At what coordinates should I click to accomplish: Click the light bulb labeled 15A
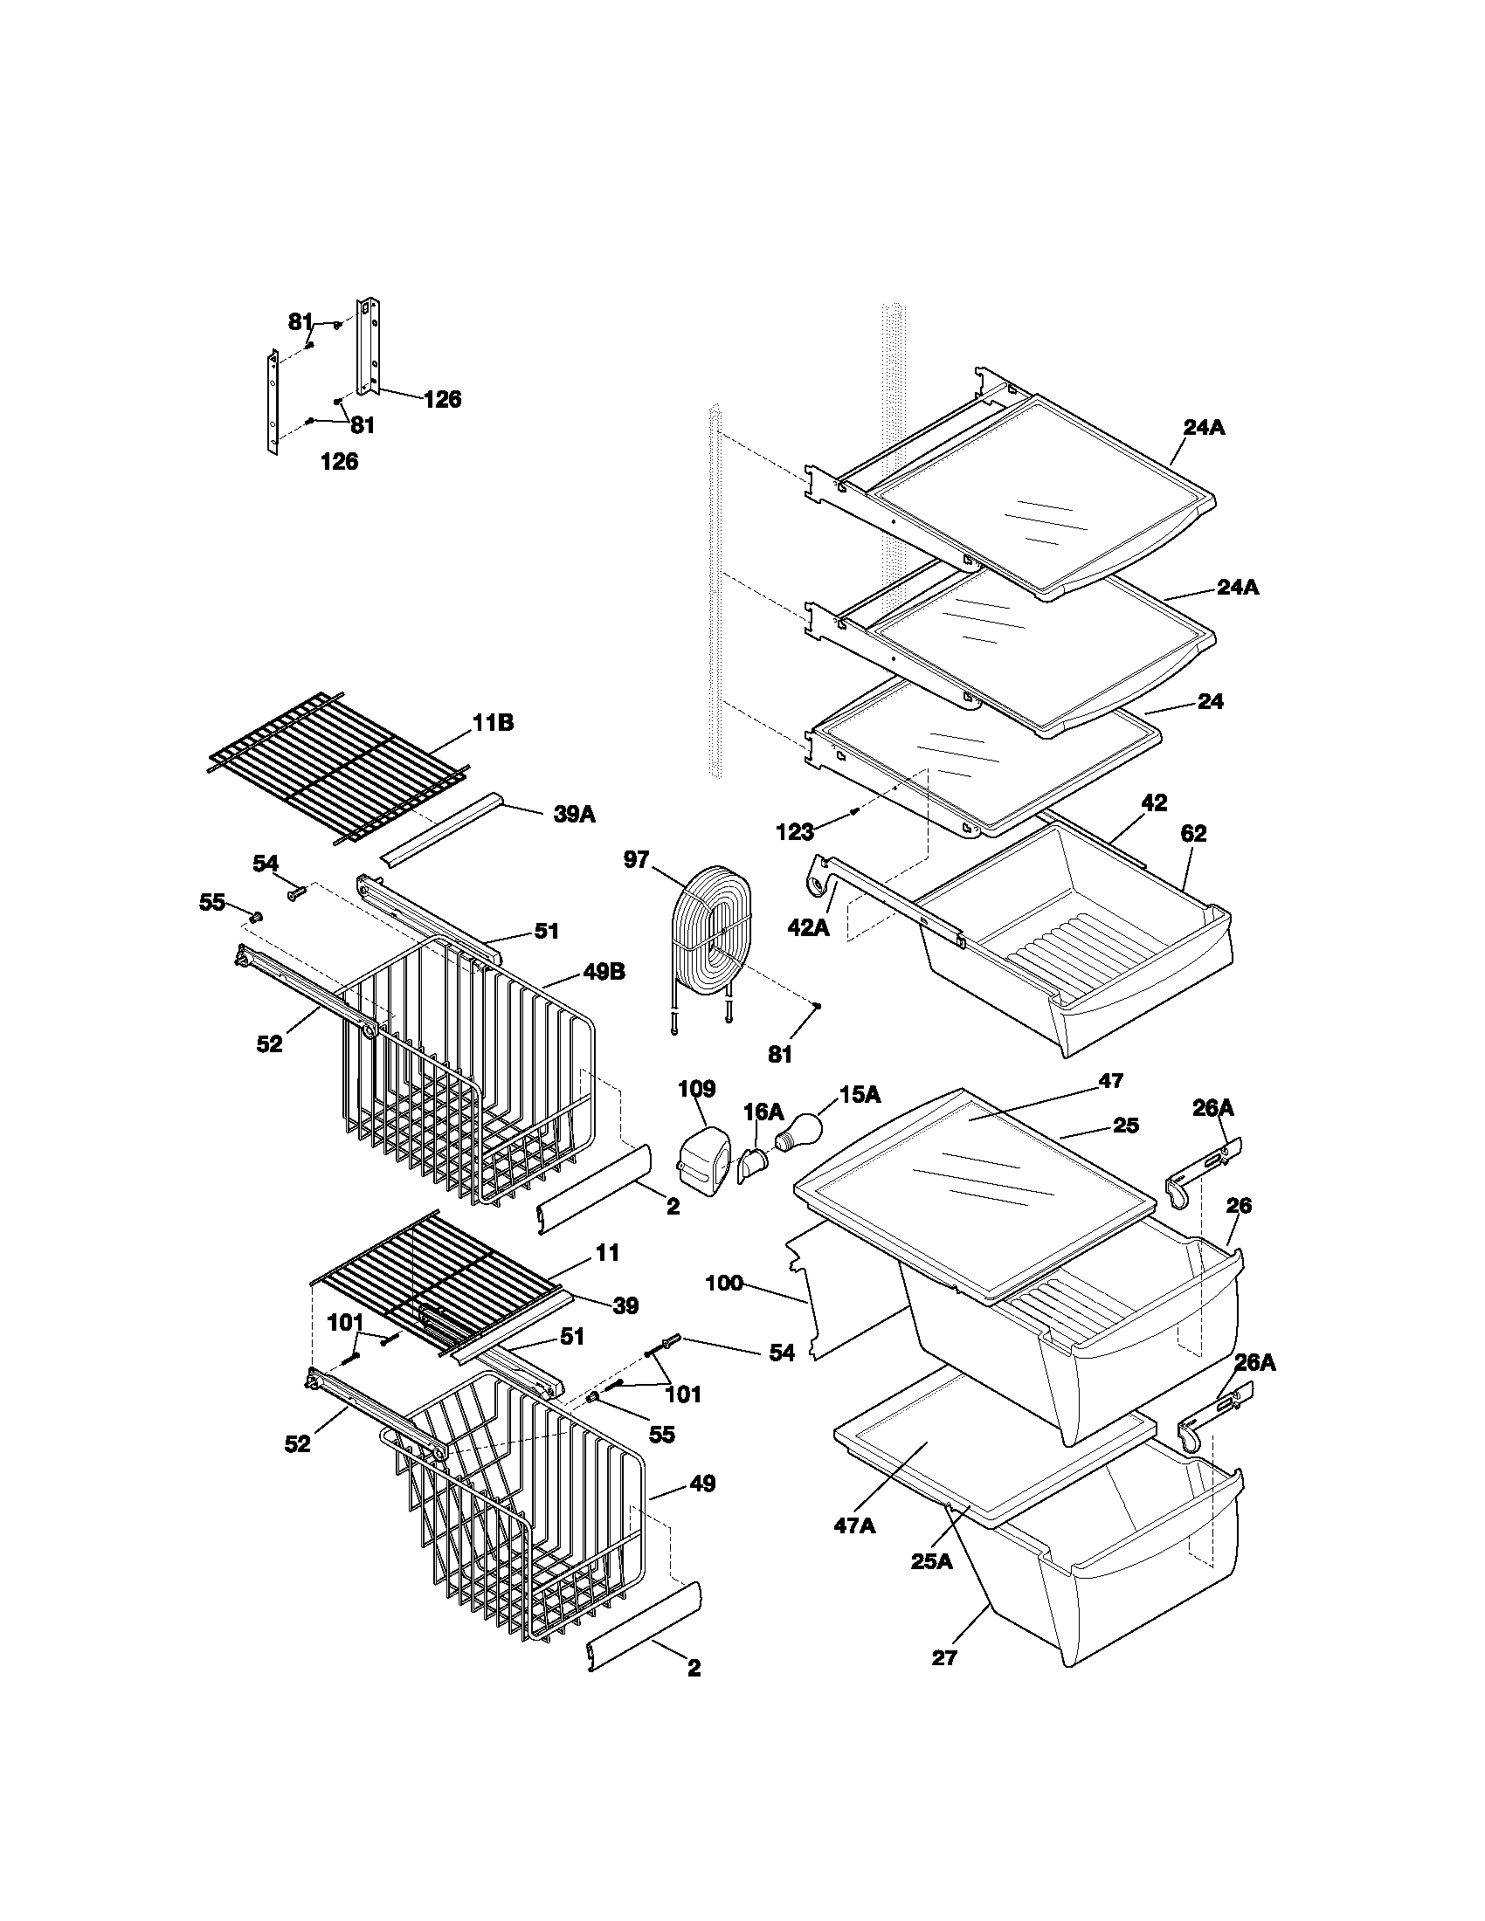click(797, 1131)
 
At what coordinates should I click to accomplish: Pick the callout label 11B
click(493, 723)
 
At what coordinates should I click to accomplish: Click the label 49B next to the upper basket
click(604, 973)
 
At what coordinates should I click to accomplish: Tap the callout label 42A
click(809, 926)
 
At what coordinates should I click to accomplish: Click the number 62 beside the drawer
click(1194, 833)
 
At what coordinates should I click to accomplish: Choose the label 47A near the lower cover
click(854, 1525)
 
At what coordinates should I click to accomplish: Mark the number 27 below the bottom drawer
click(944, 1658)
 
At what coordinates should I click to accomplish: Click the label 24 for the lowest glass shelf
click(1211, 701)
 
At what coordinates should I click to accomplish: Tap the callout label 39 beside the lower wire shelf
click(625, 1305)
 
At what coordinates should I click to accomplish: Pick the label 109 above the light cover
click(696, 1089)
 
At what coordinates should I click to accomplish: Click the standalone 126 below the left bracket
click(340, 461)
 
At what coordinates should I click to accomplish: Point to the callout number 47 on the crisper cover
click(1111, 1080)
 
